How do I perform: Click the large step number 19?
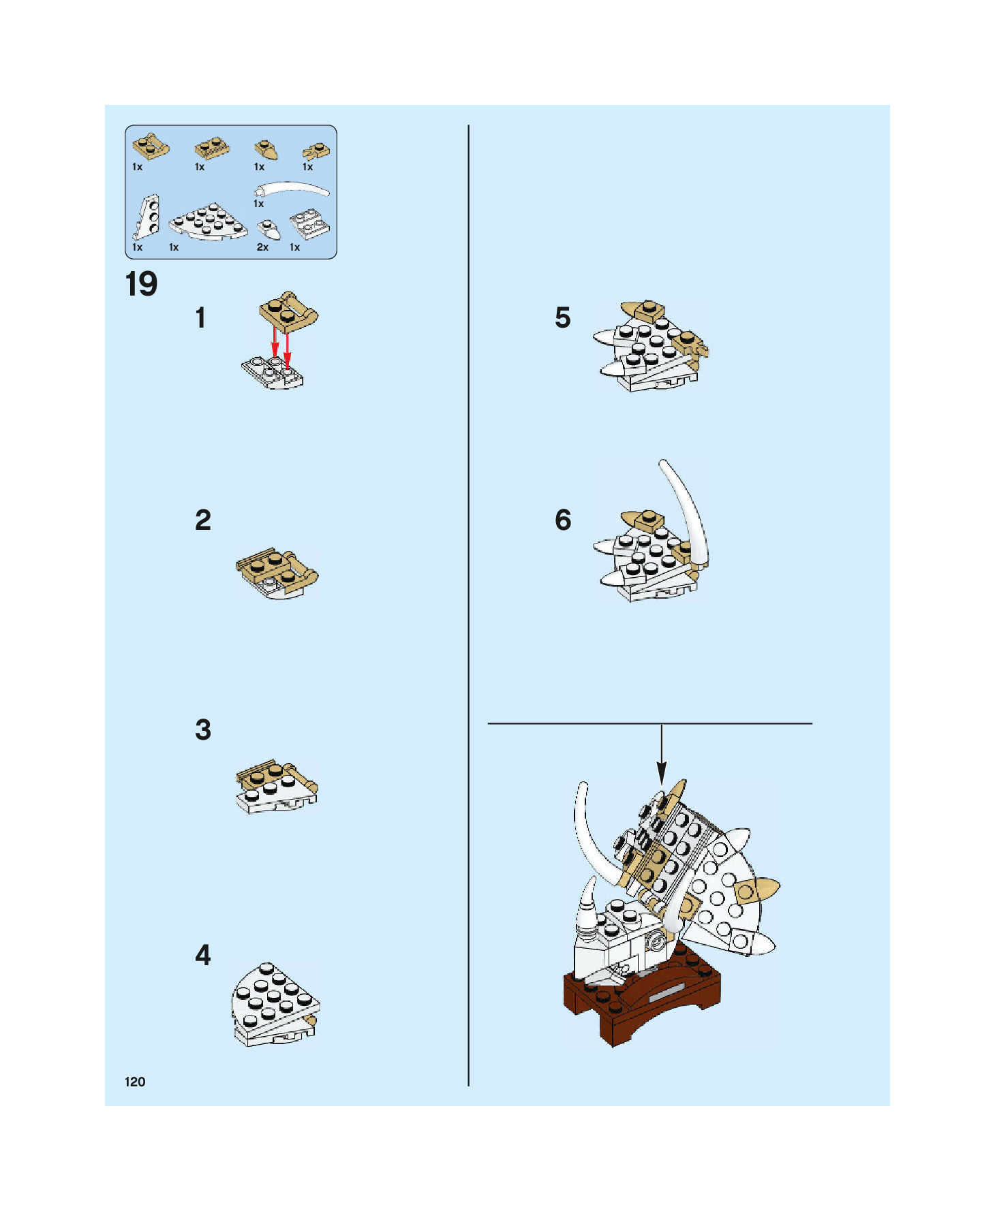(141, 284)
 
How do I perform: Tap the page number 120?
(135, 1082)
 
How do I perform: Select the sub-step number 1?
(200, 318)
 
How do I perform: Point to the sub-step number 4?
(203, 955)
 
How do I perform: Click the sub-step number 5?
(562, 317)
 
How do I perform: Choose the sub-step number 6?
(563, 520)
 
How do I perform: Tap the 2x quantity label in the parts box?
(262, 247)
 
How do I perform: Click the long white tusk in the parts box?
(292, 189)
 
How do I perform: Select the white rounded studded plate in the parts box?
(208, 221)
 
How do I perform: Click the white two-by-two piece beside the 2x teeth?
(309, 224)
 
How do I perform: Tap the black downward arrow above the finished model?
(661, 754)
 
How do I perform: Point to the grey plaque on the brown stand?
(668, 994)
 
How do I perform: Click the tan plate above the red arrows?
(288, 311)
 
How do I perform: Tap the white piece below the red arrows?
(272, 372)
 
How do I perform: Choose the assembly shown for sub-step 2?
(277, 573)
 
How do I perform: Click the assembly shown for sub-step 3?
(277, 787)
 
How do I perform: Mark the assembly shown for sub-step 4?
(275, 1005)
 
